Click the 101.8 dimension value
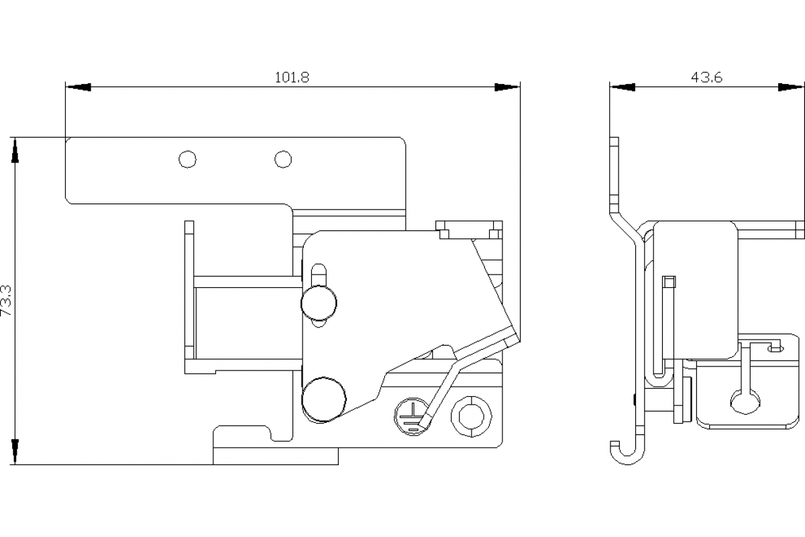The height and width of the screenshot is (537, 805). pos(292,77)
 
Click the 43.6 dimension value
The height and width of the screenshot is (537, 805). pos(706,77)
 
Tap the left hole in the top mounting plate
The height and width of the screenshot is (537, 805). pos(188,159)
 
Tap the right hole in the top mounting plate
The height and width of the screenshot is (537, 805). pos(283,159)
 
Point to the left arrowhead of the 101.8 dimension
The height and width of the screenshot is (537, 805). pos(78,87)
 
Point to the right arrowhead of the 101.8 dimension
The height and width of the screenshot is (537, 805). pos(507,87)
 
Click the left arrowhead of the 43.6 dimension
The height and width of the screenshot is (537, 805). pos(622,87)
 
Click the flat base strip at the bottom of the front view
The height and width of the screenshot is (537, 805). pos(276,457)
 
